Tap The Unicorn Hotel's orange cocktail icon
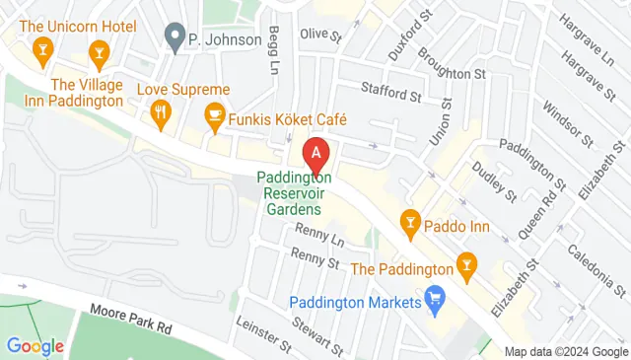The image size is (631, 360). tap(41, 49)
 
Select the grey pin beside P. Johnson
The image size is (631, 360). tap(175, 40)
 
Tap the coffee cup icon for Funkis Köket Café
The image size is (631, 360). tap(213, 119)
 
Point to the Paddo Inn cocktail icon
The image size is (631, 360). tap(408, 222)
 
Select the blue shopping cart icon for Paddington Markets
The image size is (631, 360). tap(434, 297)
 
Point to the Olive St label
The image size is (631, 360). tap(320, 36)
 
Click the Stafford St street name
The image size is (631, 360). tap(391, 97)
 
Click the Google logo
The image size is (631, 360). tap(35, 346)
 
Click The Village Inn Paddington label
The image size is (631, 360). tap(88, 92)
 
